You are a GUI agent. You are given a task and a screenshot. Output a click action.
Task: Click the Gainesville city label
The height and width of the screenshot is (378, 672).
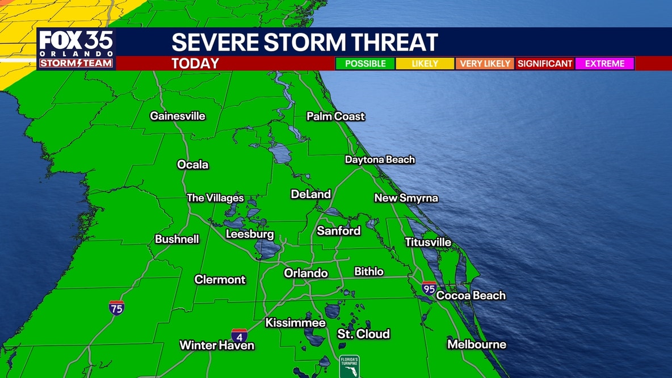[178, 116]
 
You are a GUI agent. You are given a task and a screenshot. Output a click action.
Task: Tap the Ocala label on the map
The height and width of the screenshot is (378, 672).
[193, 165]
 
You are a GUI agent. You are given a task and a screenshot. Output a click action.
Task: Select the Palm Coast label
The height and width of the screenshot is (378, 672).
[336, 116]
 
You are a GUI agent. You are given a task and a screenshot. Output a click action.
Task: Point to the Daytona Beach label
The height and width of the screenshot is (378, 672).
[380, 160]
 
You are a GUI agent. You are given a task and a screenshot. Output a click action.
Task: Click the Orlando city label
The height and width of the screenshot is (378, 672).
[306, 274]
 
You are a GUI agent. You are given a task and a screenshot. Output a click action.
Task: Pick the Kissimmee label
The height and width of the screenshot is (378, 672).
[296, 324]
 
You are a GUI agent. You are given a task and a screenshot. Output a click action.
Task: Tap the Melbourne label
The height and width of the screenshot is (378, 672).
[477, 345]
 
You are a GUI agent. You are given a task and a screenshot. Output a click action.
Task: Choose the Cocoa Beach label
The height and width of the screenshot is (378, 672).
[471, 296]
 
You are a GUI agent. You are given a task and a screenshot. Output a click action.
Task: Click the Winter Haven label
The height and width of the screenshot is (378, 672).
[217, 345]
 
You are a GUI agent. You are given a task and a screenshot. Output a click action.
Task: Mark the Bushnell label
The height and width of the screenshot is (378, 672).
[177, 240]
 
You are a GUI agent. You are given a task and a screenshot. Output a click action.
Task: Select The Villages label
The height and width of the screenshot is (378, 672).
[215, 198]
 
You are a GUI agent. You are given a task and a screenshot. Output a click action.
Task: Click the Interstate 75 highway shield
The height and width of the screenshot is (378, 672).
[116, 308]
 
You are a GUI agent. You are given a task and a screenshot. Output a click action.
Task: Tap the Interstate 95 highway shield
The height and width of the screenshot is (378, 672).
[429, 288]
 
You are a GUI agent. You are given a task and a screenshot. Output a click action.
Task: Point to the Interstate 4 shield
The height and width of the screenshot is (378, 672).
[239, 335]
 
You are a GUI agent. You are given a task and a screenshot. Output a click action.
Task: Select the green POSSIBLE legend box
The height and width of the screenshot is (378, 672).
[365, 64]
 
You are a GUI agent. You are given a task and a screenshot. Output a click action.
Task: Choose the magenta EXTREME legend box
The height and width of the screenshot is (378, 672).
[604, 64]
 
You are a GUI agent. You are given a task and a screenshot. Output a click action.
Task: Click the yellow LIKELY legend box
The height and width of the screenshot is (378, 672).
[425, 64]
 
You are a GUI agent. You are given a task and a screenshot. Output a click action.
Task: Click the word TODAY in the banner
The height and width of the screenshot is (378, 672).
[195, 64]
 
